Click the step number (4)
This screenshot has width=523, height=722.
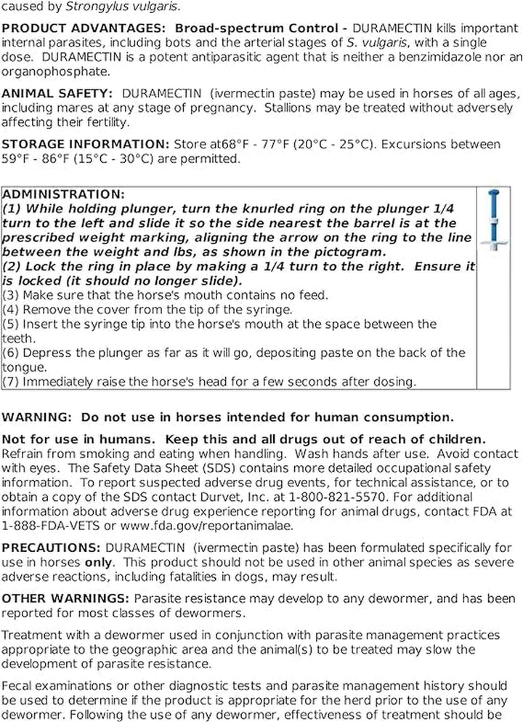pos(12,309)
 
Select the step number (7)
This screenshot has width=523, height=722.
pos(12,381)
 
